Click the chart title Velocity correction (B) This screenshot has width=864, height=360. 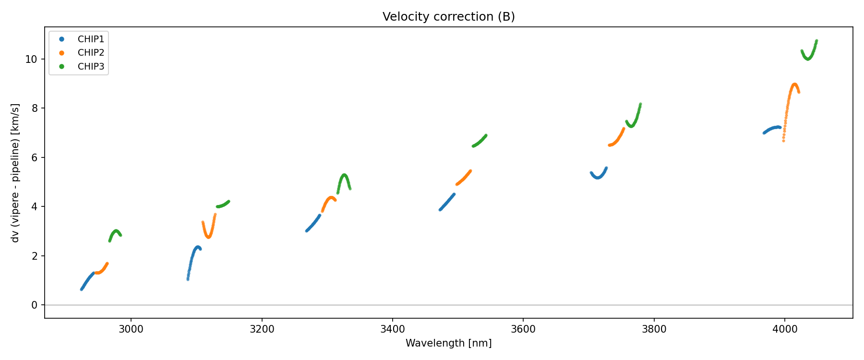pos(448,17)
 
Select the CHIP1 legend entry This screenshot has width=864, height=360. pos(91,39)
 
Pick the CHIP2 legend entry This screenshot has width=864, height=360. pos(91,53)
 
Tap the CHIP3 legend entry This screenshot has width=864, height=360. pos(91,67)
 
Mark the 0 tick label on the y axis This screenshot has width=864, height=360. pos(35,305)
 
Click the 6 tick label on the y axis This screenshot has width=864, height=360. pos(35,158)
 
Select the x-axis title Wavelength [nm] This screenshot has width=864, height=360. pos(448,343)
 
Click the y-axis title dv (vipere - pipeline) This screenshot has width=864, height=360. pos(15,173)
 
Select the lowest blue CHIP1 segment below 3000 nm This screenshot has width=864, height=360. pos(87,281)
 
